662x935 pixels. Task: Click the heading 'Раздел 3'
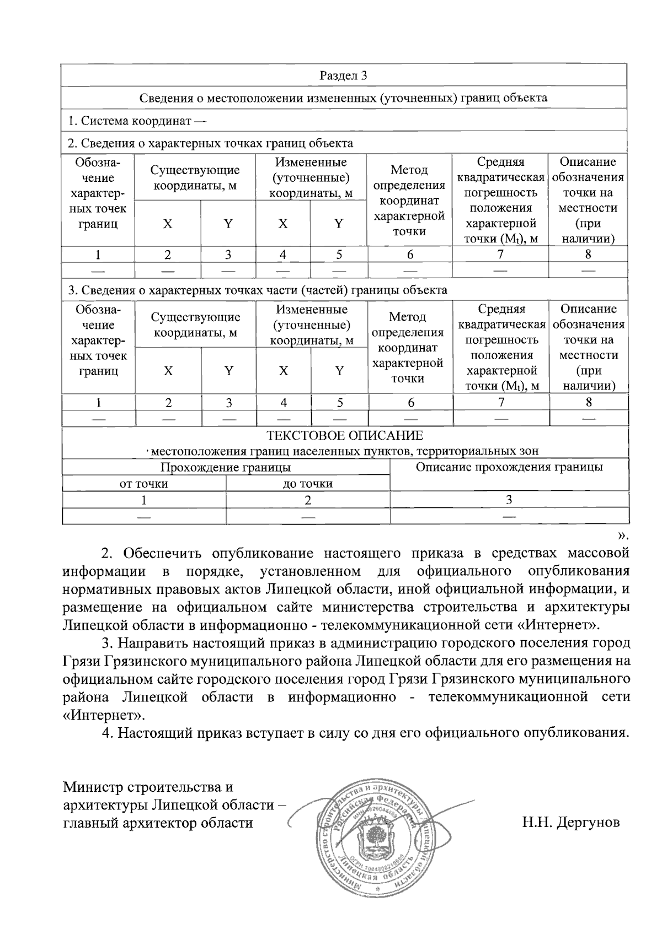point(343,76)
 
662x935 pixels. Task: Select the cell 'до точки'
point(308,484)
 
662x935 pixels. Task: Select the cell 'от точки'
point(144,484)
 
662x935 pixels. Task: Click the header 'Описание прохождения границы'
point(509,468)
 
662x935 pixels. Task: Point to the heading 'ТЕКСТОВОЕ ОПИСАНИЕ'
point(345,436)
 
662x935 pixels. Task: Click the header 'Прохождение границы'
point(226,468)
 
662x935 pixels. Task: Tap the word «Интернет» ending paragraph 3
point(104,716)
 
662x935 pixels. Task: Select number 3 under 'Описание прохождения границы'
point(509,500)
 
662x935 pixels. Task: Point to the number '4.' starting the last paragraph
point(108,733)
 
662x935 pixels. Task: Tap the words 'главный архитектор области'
point(158,823)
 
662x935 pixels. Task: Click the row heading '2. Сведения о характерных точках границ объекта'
point(210,143)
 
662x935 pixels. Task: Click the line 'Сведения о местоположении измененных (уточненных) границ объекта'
point(343,98)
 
